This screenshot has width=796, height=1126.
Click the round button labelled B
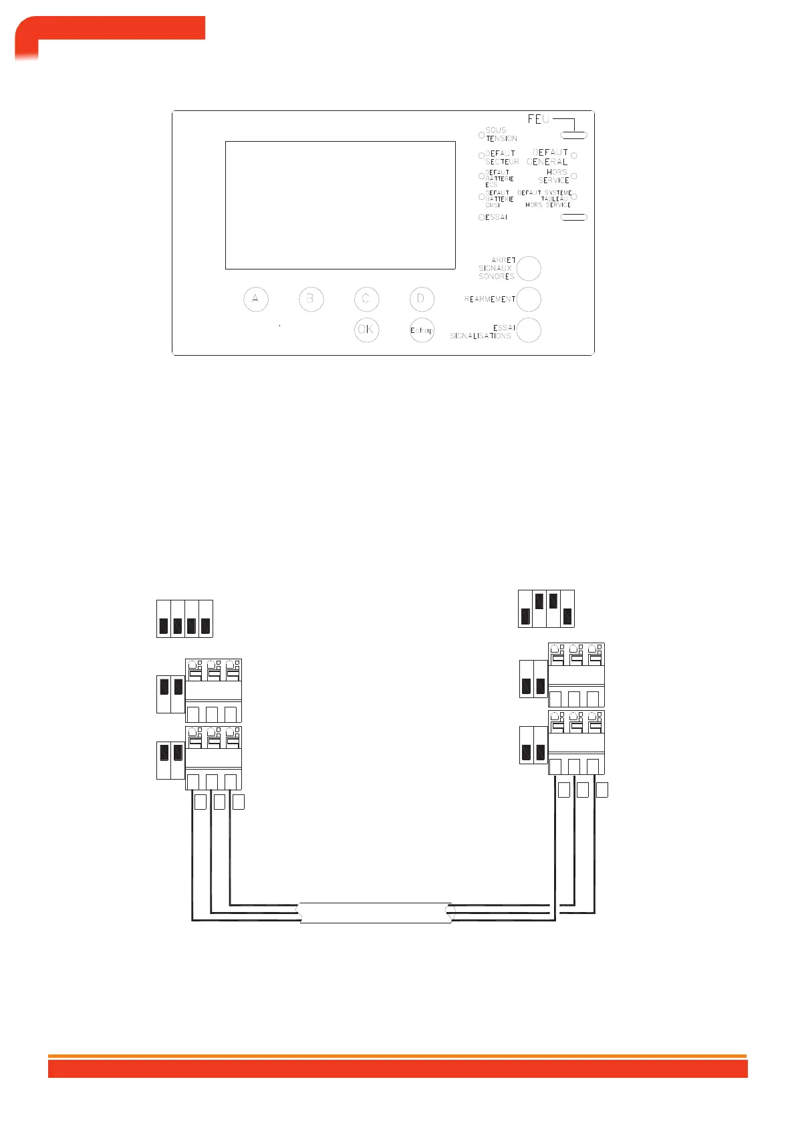[x=311, y=299]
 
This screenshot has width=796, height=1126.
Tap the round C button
[x=366, y=299]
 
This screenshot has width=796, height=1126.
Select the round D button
[x=421, y=299]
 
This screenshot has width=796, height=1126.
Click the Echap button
[x=421, y=330]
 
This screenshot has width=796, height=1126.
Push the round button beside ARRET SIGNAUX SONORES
[x=529, y=268]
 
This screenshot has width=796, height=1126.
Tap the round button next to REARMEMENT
[x=529, y=299]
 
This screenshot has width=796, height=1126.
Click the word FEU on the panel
[x=538, y=119]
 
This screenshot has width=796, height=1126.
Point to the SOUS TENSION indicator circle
[x=481, y=134]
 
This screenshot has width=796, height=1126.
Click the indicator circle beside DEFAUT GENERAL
[x=573, y=156]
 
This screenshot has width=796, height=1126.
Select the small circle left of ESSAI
[x=481, y=217]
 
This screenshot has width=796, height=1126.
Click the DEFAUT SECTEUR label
[x=501, y=157]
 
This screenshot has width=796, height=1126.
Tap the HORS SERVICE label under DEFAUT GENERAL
[x=554, y=177]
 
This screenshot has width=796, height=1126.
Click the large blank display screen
[x=340, y=205]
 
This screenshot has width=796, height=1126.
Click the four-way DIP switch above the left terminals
[x=184, y=618]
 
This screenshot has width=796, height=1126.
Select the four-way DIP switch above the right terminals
[x=546, y=608]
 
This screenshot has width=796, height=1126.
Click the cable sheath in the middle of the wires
[x=376, y=913]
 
